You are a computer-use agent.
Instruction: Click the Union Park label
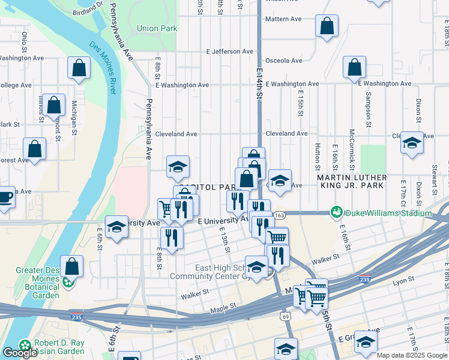click(x=157, y=28)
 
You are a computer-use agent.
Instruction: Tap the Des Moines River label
click(x=104, y=67)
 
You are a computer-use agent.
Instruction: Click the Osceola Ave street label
click(x=284, y=61)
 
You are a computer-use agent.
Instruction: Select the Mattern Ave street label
click(x=283, y=19)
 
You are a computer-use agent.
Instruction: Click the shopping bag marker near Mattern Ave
click(x=327, y=26)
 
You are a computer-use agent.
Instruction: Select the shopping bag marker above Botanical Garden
click(x=71, y=265)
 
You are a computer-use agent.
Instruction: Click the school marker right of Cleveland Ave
click(x=412, y=143)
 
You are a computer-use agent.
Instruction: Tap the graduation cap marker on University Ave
click(x=117, y=227)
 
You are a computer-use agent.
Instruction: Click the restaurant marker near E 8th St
click(x=172, y=238)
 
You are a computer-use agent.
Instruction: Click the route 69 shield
click(x=285, y=316)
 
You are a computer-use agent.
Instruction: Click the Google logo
click(x=20, y=353)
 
